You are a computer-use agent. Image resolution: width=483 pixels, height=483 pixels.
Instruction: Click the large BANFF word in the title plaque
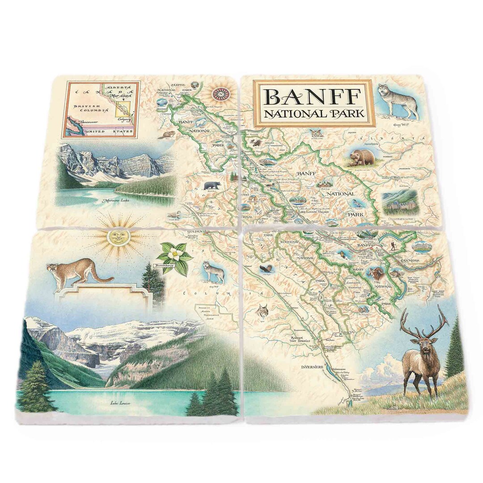[x=313, y=97]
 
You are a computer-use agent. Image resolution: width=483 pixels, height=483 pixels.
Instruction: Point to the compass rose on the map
[x=221, y=93]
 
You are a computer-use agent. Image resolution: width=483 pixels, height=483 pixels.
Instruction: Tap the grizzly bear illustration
[x=362, y=157]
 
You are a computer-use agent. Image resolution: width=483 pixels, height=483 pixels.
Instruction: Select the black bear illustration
[x=212, y=185]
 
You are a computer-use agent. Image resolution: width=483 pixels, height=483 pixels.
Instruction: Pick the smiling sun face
[x=118, y=237]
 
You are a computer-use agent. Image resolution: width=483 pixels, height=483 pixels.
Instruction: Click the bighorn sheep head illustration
[x=376, y=274]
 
